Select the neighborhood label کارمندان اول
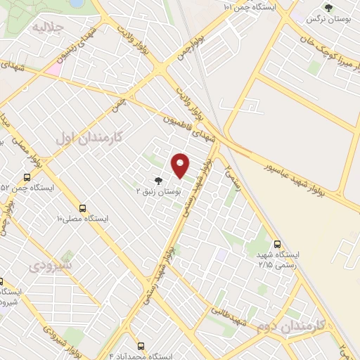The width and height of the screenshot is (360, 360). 89,137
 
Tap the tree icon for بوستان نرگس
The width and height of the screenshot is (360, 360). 327,8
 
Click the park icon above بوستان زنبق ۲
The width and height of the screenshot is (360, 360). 157,180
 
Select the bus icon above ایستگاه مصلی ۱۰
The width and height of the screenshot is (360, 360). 83,208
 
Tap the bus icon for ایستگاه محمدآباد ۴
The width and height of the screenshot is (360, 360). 141,347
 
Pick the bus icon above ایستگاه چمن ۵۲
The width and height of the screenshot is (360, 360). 27,177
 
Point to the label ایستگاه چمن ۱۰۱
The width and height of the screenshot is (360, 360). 250,6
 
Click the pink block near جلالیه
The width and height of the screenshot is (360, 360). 54,70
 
